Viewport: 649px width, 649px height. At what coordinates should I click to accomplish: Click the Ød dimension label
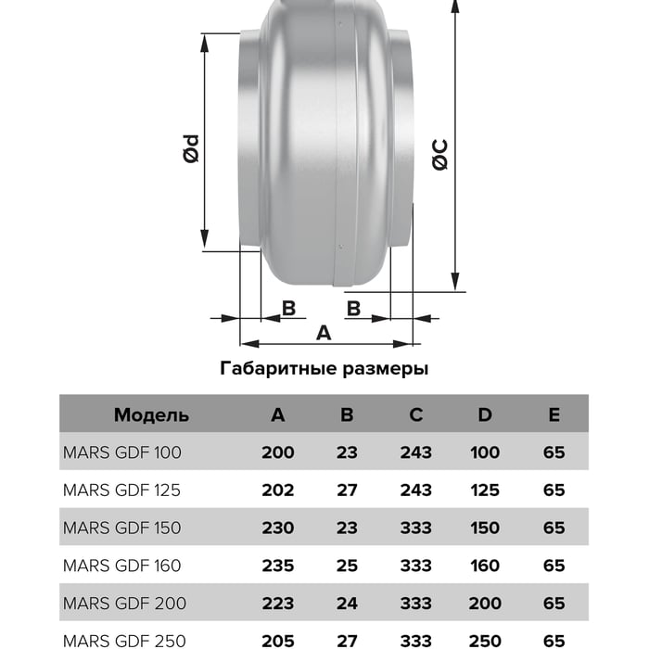[x=191, y=148]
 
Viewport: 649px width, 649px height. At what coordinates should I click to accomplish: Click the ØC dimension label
[x=439, y=155]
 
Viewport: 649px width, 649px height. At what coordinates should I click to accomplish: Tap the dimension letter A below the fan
[x=324, y=332]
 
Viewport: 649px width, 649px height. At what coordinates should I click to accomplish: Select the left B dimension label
[x=288, y=309]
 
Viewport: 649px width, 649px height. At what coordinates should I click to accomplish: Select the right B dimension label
[x=353, y=309]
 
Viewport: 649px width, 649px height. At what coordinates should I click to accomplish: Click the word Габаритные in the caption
[x=278, y=368]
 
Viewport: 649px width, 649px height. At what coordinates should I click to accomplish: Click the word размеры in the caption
[x=386, y=369]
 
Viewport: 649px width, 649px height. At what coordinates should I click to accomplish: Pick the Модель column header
[x=151, y=415]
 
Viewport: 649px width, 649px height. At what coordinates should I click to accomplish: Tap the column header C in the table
[x=416, y=414]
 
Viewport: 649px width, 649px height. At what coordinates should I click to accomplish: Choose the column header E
[x=554, y=414]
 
